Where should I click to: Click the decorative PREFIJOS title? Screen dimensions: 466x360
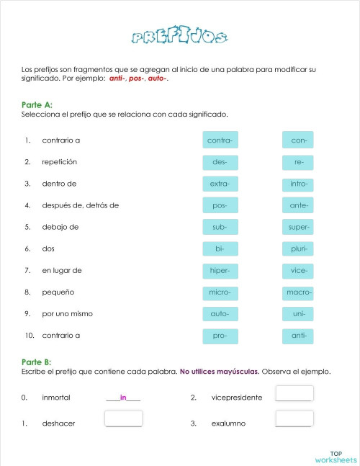(x=181, y=37)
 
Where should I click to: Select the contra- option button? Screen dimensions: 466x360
(x=220, y=140)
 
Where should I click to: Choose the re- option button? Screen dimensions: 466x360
(x=299, y=162)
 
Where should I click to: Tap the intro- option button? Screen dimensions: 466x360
(x=299, y=184)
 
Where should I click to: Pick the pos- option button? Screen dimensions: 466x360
(x=220, y=205)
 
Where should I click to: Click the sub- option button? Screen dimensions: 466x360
(x=220, y=227)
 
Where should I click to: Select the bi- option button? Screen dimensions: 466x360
(x=220, y=248)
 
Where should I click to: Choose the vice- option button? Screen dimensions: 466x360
(x=299, y=271)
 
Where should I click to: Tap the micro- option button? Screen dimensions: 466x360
(x=220, y=292)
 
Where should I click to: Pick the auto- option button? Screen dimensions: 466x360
(x=220, y=314)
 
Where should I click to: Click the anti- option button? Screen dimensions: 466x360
(x=299, y=336)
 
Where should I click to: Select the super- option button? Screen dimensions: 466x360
(x=299, y=227)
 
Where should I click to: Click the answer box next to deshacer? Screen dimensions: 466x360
(x=122, y=418)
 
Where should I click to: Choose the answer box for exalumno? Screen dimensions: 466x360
(x=294, y=418)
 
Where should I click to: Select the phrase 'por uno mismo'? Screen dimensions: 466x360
(x=68, y=314)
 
